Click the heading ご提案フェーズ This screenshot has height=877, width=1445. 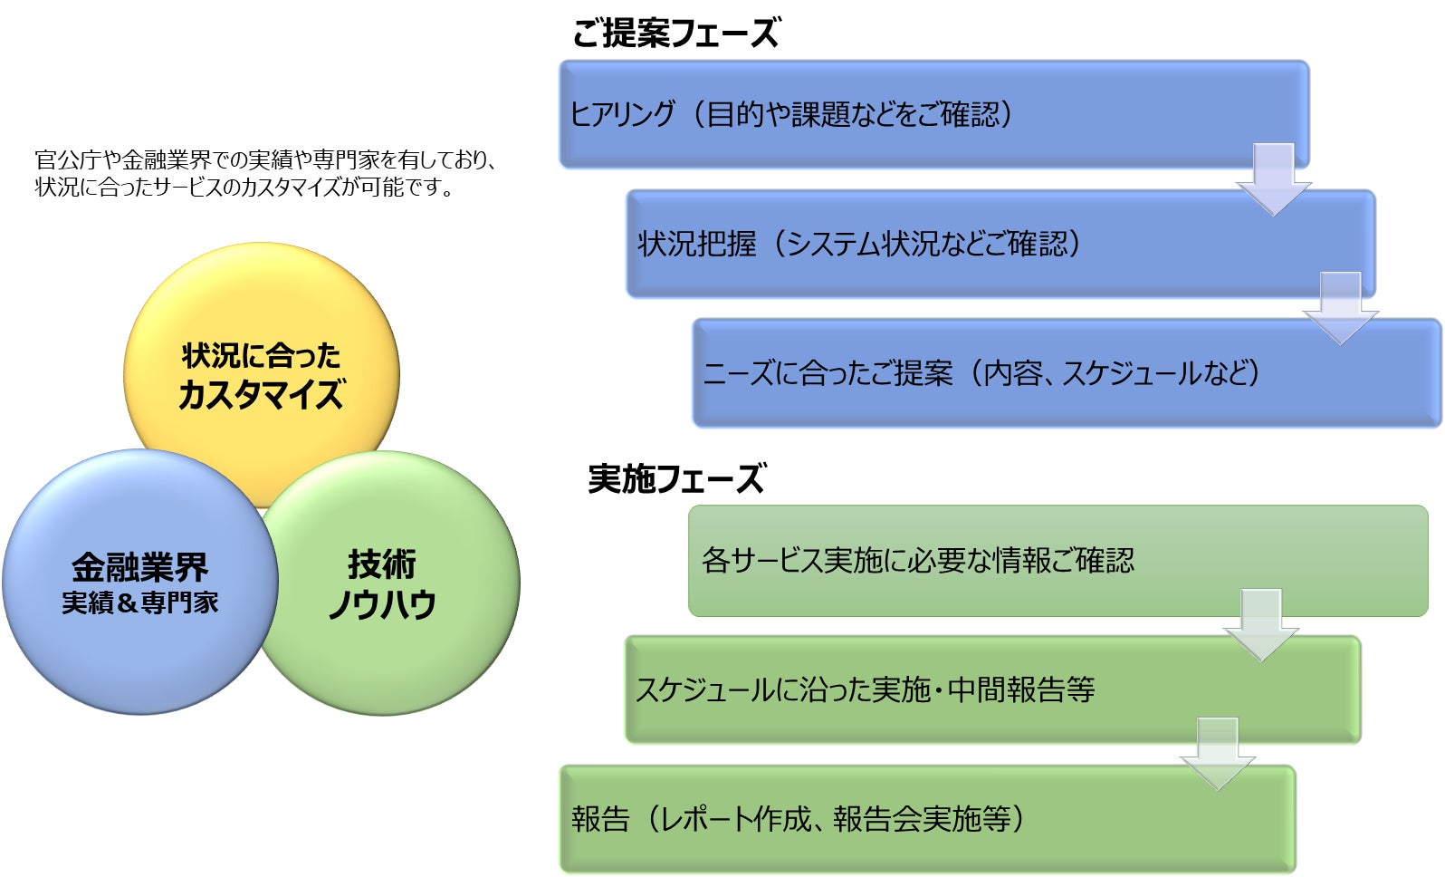pos(675,34)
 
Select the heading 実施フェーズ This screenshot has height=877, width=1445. pos(675,478)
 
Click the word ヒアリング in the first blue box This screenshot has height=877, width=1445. pos(622,114)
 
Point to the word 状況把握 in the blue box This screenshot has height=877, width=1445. pos(696,244)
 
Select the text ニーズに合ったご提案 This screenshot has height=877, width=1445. pos(828,373)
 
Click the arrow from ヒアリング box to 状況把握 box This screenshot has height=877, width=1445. pos(1273,178)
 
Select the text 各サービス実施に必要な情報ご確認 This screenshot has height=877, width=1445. pos(917,561)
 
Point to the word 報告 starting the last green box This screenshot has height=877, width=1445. pos(600,819)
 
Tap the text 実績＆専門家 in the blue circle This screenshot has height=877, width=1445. pos(140,603)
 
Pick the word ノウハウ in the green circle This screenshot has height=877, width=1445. pos(382,604)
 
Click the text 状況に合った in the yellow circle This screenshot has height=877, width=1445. pos(261,356)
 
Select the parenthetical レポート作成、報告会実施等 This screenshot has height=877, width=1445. pos(835,819)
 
